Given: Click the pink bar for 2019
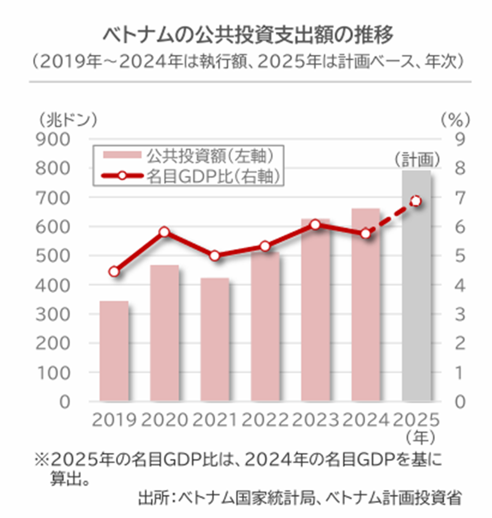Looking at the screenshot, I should pos(114,351).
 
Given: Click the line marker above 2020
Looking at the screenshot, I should pos(164,232).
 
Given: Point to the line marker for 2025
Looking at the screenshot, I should pos(416,201).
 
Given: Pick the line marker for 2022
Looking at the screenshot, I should pos(265,247).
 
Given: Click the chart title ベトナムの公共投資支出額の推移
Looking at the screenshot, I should pos(248,36).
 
